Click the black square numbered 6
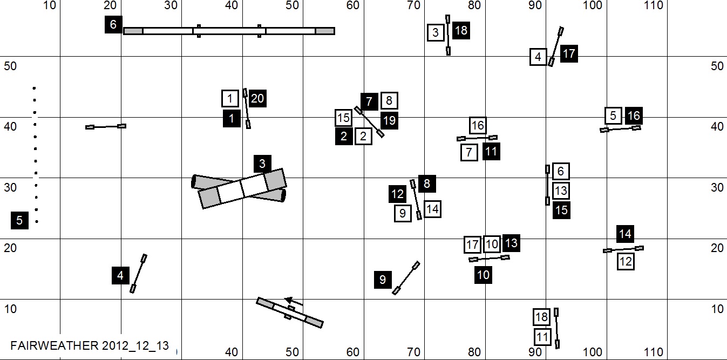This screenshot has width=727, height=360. click(113, 25)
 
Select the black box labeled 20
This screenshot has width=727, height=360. click(257, 98)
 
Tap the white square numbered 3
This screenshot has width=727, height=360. click(436, 32)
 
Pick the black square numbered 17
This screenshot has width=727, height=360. click(569, 54)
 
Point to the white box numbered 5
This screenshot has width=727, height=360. click(613, 116)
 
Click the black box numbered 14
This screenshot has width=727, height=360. click(625, 234)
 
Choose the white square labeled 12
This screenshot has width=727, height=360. click(626, 262)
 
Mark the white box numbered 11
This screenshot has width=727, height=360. click(543, 337)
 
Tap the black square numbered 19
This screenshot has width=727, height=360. click(389, 120)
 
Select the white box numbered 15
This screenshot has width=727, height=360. click(343, 117)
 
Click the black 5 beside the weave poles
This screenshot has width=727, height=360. click(19, 220)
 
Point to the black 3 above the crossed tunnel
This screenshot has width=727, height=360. click(262, 164)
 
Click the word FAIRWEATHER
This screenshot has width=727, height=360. click(53, 345)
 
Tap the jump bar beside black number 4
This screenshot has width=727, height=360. click(139, 273)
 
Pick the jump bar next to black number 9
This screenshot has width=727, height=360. click(406, 278)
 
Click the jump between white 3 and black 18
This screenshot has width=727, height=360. click(448, 35)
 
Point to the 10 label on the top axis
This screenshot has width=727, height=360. click(49, 5)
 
